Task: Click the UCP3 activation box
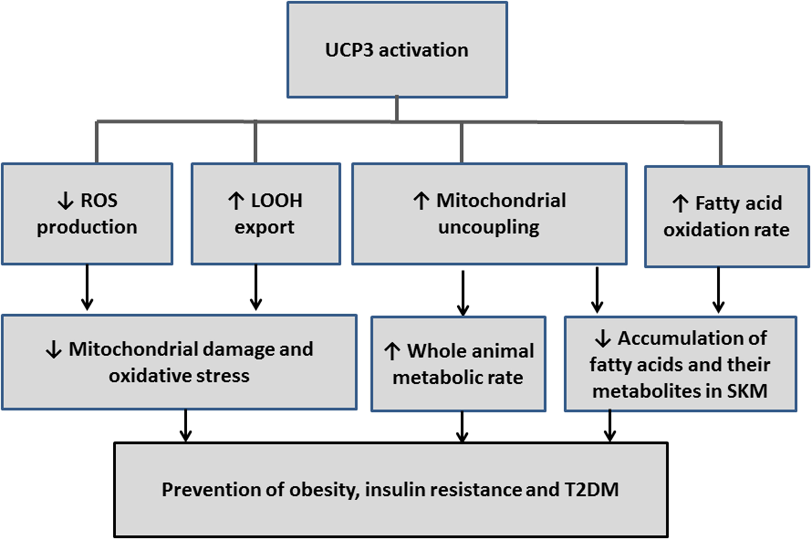pos(397,50)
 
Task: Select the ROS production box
pos(87,214)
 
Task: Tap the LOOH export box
pos(266,214)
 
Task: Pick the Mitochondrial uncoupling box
pos(489,214)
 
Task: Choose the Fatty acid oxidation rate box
pos(727,217)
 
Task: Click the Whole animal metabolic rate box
pos(458,364)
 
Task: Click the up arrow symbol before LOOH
pos(236,201)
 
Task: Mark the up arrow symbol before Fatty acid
pos(680,204)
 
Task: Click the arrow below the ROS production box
pos(87,288)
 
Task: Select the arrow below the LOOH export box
pos(256,288)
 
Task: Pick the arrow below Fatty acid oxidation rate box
pos(718,290)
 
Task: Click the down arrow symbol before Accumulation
pos(603,339)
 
